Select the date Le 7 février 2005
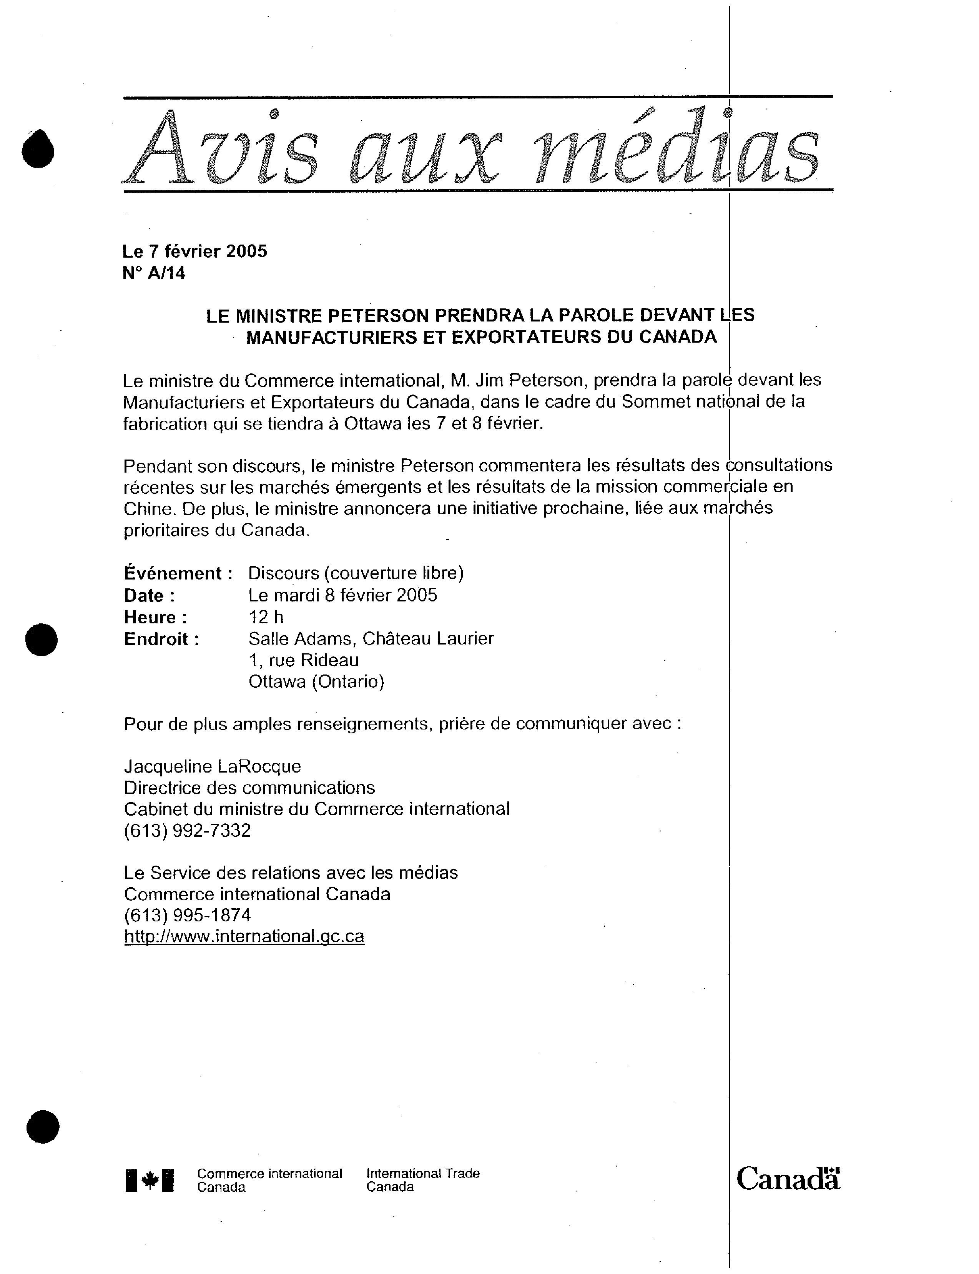[x=194, y=251]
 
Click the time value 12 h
[x=266, y=617]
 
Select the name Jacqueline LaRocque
[x=213, y=766]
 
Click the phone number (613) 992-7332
[x=188, y=830]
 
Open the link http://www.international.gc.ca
[x=244, y=936]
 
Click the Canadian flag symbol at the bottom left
[x=150, y=1180]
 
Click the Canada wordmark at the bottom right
[x=788, y=1179]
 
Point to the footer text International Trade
[x=423, y=1173]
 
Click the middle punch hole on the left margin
[x=42, y=639]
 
